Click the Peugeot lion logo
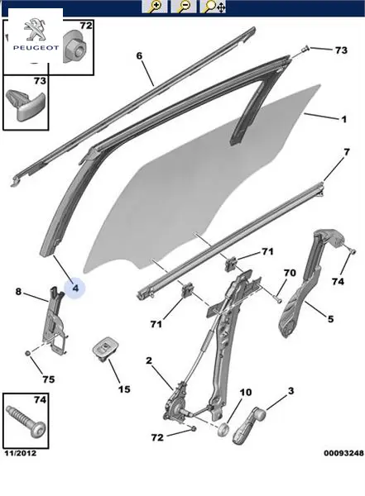(35, 29)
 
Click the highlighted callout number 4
(75, 289)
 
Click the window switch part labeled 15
(102, 349)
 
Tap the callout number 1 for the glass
(343, 119)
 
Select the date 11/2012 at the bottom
(21, 453)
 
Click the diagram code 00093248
(343, 453)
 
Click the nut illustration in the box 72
(75, 46)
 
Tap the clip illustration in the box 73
(26, 104)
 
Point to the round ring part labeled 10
(224, 430)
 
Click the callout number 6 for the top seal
(139, 56)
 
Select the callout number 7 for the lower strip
(347, 152)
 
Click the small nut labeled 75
(28, 352)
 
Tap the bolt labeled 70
(277, 298)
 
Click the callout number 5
(330, 319)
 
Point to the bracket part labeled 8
(55, 321)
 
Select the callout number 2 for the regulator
(149, 360)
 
